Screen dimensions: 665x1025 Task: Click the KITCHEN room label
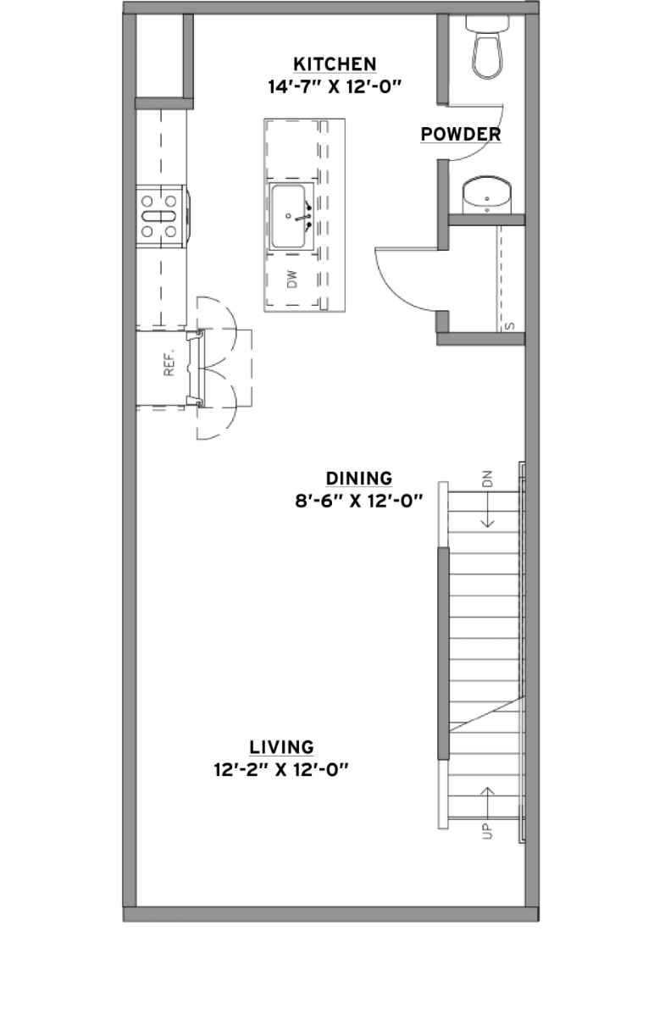pyautogui.click(x=335, y=64)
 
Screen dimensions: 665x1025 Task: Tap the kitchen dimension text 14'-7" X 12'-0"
pyautogui.click(x=335, y=86)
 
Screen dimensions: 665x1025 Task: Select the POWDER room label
pyautogui.click(x=461, y=134)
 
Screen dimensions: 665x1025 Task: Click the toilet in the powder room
pyautogui.click(x=487, y=47)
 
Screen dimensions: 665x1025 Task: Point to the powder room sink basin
pyautogui.click(x=487, y=196)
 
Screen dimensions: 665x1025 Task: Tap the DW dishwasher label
pyautogui.click(x=292, y=279)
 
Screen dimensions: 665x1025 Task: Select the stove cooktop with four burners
pyautogui.click(x=161, y=216)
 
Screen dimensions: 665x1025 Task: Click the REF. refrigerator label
pyautogui.click(x=169, y=363)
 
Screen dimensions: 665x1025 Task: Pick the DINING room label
pyautogui.click(x=359, y=479)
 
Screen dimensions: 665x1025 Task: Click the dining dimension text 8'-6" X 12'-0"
pyautogui.click(x=359, y=501)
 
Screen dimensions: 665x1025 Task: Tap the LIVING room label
pyautogui.click(x=281, y=747)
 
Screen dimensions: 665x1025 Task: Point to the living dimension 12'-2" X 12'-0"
pyautogui.click(x=281, y=770)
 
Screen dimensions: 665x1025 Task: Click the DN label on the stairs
pyautogui.click(x=488, y=479)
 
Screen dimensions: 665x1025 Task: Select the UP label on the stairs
pyautogui.click(x=488, y=830)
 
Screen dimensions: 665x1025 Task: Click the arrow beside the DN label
pyautogui.click(x=488, y=509)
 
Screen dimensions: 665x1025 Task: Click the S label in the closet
pyautogui.click(x=510, y=326)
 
